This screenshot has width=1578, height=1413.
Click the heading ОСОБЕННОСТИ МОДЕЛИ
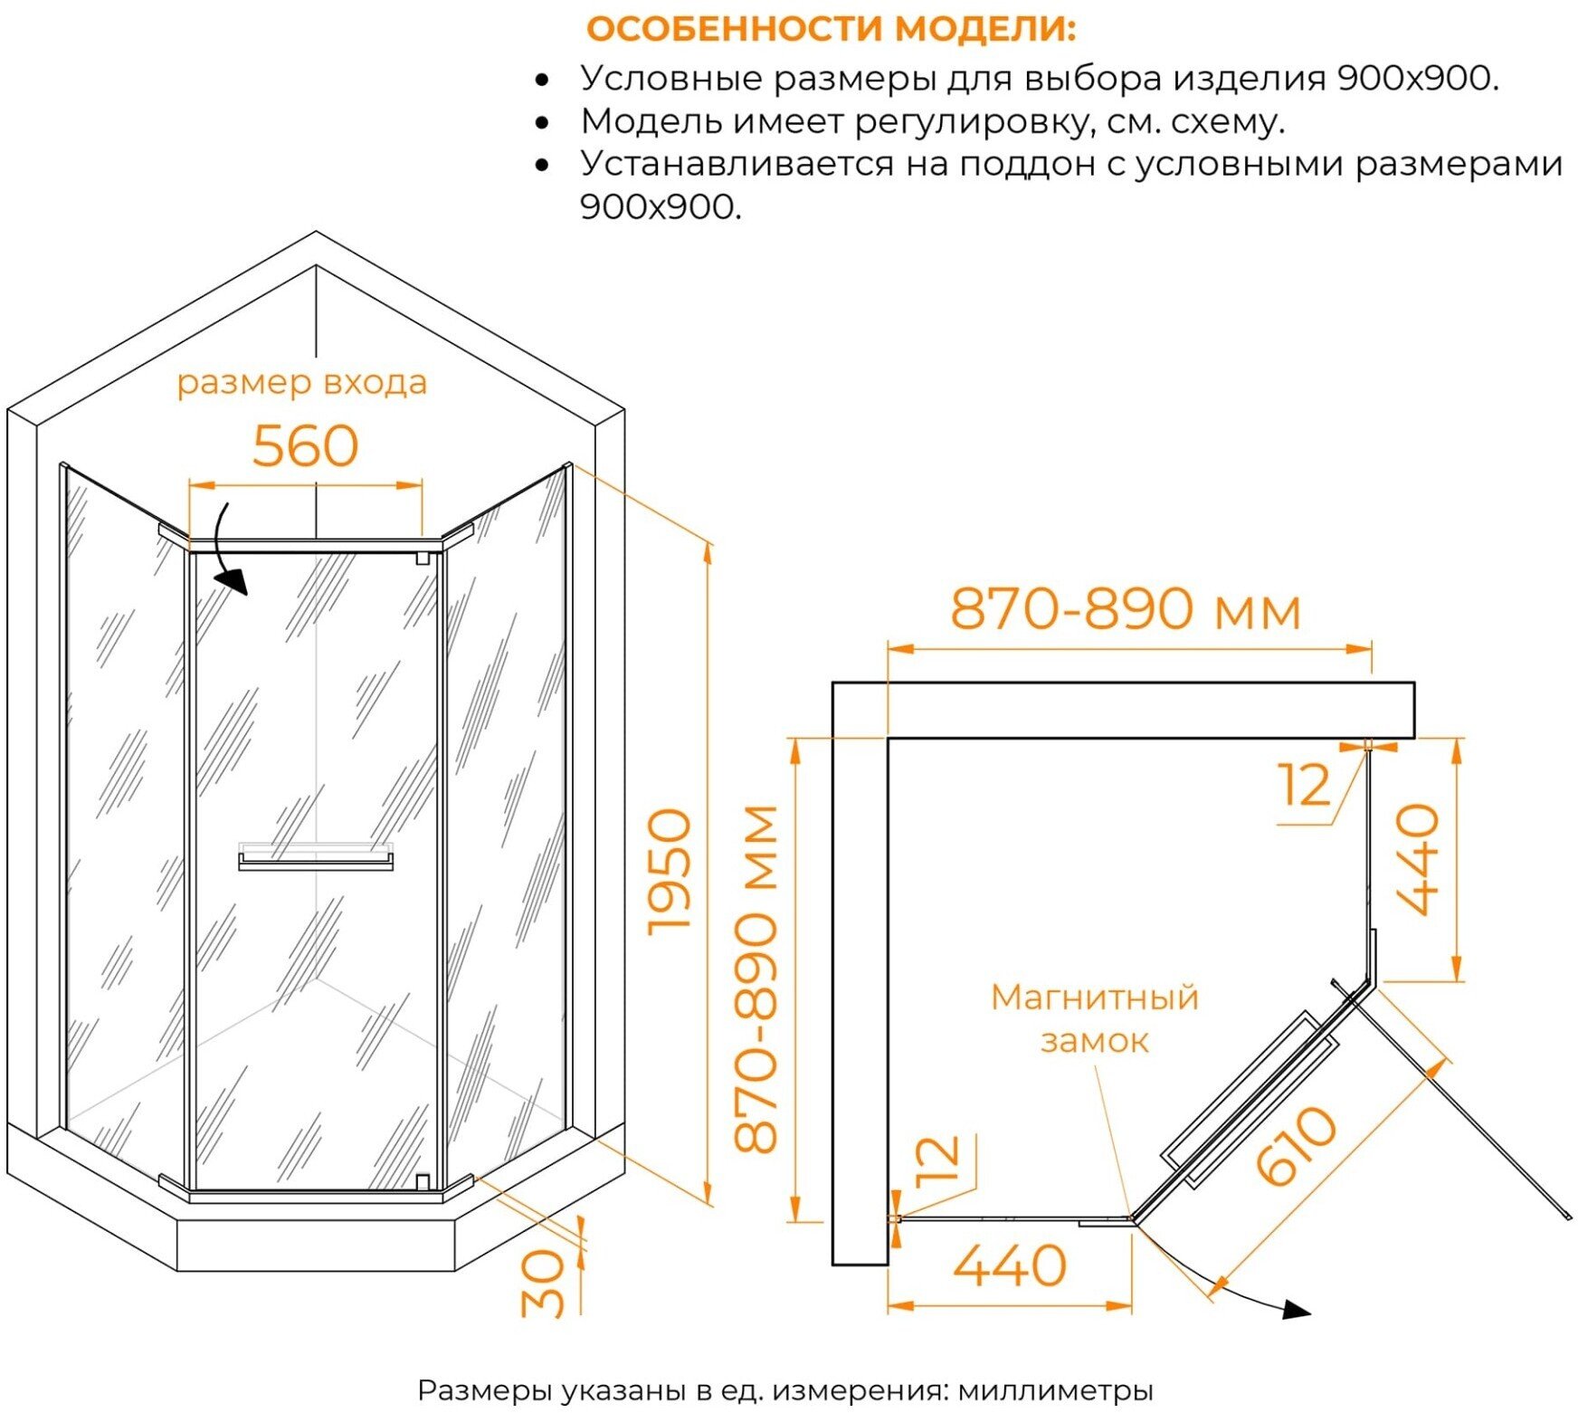point(831,29)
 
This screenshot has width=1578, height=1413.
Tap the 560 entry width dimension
point(305,446)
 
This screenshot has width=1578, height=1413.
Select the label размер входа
point(301,383)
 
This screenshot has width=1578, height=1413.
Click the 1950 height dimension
point(670,871)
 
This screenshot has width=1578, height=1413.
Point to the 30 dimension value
point(543,1283)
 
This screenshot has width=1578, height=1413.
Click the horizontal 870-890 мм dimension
point(1125,609)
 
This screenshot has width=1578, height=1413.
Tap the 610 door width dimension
point(1296,1145)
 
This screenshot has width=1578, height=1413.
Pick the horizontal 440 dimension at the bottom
point(1010,1265)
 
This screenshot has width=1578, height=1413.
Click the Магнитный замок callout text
point(1094,1018)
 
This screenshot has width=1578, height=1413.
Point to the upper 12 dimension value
point(1305,785)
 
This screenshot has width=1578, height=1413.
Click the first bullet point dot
point(542,81)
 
